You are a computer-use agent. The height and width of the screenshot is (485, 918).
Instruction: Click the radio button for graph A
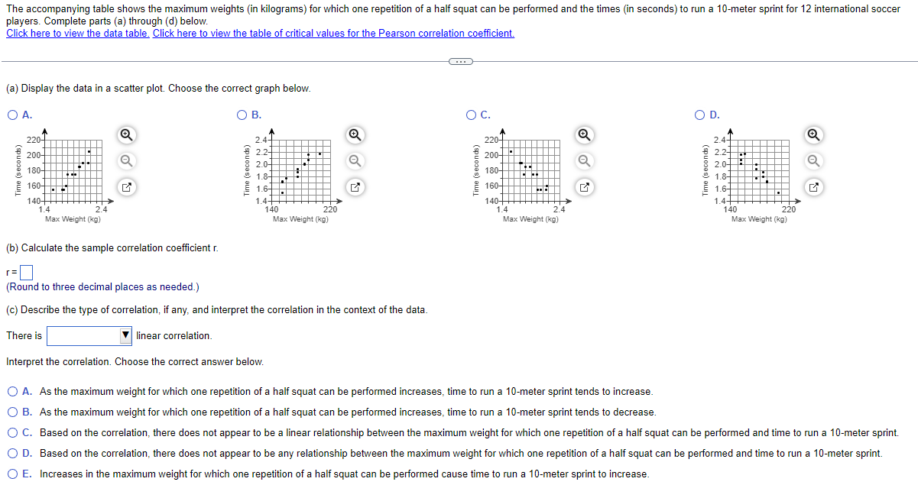(12, 115)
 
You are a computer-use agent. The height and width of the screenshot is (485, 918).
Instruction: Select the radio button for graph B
(242, 115)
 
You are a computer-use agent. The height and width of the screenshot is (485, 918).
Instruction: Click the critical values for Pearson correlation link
(333, 34)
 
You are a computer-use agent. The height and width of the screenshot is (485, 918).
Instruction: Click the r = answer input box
(27, 271)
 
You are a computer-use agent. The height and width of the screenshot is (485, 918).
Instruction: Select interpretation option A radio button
(13, 392)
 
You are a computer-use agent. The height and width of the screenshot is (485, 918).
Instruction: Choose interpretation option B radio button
(13, 412)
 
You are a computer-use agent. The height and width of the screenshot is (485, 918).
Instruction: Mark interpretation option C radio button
(13, 433)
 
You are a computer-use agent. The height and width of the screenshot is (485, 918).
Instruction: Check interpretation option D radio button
(13, 454)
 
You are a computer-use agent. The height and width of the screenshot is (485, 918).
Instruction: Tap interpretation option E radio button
(13, 474)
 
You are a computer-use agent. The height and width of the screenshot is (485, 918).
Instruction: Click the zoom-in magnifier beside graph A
(128, 135)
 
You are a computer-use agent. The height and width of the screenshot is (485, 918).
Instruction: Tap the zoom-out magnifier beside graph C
(586, 161)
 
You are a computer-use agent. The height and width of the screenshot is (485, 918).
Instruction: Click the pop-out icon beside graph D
(815, 186)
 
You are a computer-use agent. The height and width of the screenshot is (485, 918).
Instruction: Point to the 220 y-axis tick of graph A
(34, 141)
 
